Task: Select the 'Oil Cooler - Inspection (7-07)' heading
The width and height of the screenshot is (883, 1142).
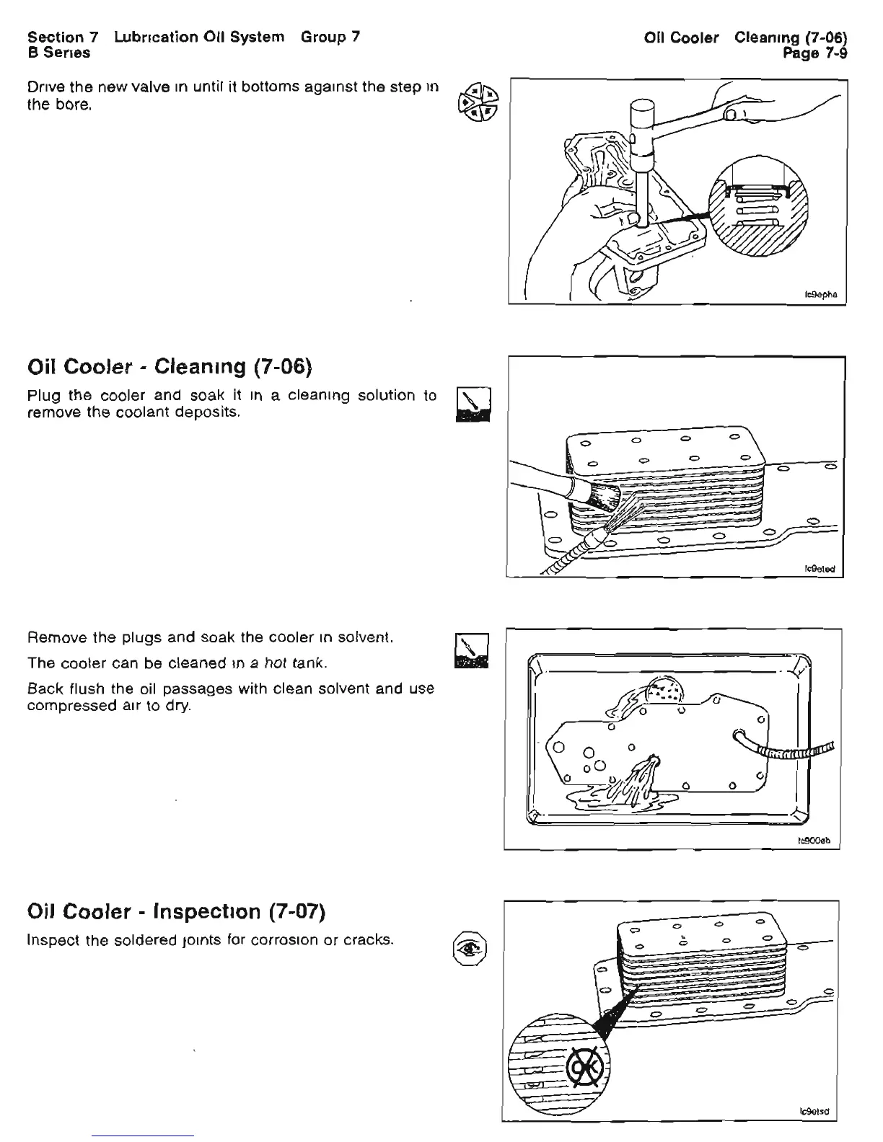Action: (x=177, y=912)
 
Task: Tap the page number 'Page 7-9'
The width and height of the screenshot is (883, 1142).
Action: (x=816, y=53)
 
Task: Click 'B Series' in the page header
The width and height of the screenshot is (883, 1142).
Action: (x=58, y=53)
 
